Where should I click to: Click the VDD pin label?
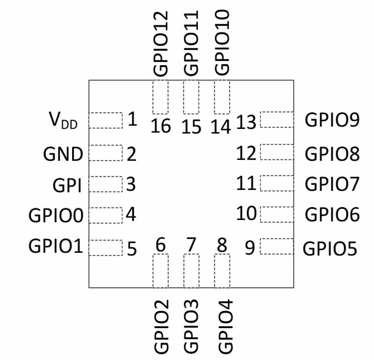click(63, 121)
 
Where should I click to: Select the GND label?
click(63, 155)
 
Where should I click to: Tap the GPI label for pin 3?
click(66, 186)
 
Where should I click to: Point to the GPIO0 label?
click(56, 215)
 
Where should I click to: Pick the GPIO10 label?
click(222, 42)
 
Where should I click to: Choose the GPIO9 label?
click(332, 120)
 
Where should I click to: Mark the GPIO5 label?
click(330, 249)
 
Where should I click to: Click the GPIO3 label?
click(191, 326)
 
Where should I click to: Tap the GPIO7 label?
click(332, 183)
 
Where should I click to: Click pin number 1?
click(132, 120)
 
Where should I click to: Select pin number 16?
click(161, 126)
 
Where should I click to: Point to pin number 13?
click(246, 123)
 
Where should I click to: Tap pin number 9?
click(250, 248)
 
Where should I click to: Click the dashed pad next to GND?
click(105, 153)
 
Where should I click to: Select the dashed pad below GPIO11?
click(191, 98)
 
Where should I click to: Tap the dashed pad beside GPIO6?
click(276, 214)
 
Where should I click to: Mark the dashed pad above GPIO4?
click(222, 271)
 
